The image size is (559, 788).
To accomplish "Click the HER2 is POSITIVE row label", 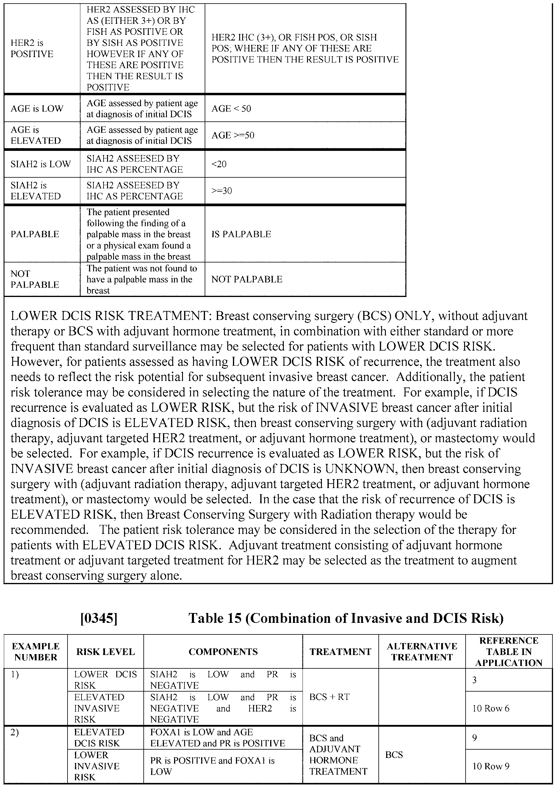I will tap(32, 48).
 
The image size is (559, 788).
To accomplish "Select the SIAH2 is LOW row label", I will tap(41, 164).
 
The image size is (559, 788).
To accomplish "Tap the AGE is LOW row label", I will tap(37, 108).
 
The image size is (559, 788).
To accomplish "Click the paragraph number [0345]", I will tap(99, 618).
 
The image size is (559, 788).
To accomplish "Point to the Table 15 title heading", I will tap(346, 618).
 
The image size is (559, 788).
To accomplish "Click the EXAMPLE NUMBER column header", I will tap(35, 652).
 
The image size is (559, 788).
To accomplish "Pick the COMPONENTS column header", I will tap(223, 652).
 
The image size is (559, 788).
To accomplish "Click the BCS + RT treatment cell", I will tap(329, 697).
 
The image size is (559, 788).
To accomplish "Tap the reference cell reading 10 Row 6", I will tap(491, 708).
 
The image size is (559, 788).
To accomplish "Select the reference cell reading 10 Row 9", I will tap(491, 766).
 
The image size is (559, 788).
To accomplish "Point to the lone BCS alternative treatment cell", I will tap(394, 755).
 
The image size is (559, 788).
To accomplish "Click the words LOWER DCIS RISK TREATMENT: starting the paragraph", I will tap(111, 316).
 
